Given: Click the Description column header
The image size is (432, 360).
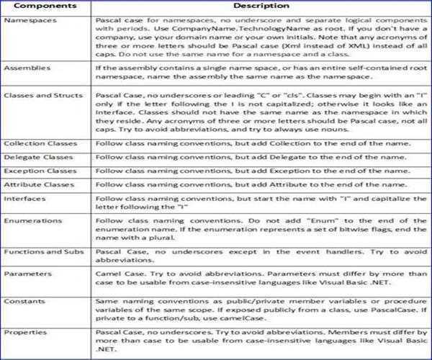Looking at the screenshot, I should point(261,6).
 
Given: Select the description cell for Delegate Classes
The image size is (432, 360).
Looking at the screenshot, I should point(261,157).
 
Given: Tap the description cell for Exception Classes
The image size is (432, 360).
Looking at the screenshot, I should point(261,171).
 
